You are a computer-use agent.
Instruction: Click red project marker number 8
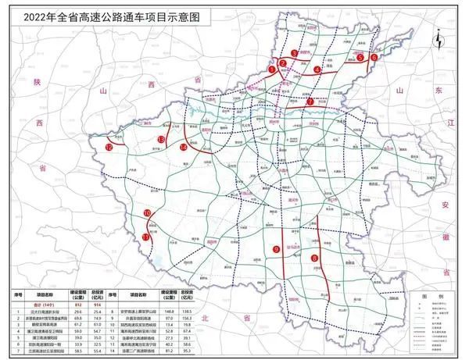[314, 258]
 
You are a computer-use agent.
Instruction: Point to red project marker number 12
[109, 147]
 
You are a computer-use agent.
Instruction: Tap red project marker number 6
[374, 57]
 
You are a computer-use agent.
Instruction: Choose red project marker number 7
[310, 102]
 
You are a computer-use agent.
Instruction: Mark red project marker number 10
[147, 213]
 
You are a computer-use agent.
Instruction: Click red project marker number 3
[293, 53]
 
